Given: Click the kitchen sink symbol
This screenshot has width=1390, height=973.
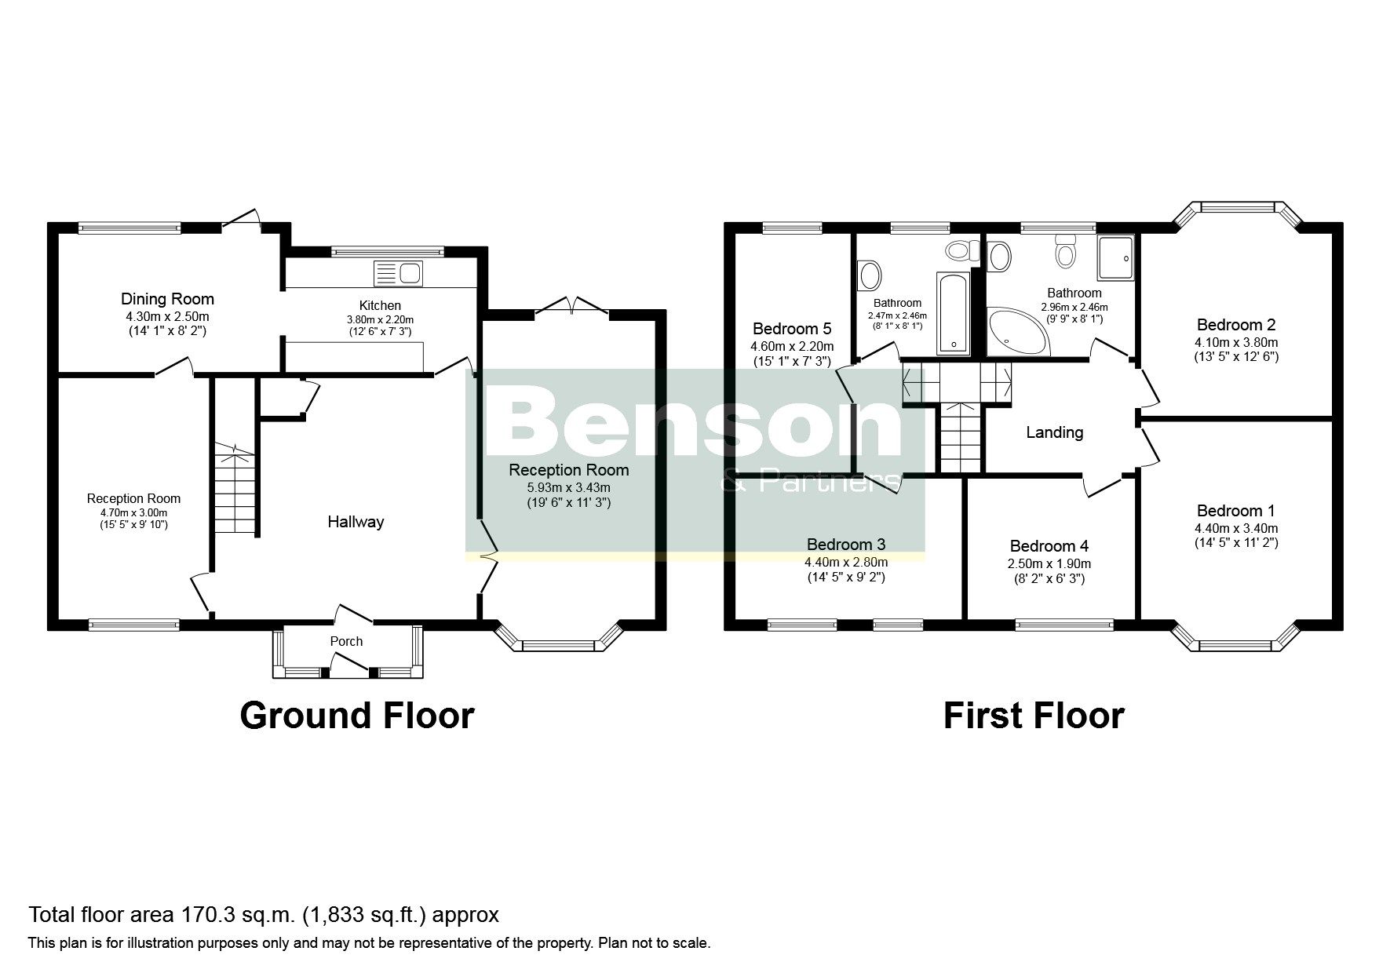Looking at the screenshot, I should point(399,273).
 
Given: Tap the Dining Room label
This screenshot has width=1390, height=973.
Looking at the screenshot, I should point(167,299).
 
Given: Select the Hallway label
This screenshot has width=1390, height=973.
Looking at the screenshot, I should point(356,522).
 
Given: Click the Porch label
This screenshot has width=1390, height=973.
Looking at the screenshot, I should point(346,641).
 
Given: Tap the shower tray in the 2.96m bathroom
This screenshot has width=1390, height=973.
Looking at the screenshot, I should point(1115,257).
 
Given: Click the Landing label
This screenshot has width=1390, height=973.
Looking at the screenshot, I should point(1054,432).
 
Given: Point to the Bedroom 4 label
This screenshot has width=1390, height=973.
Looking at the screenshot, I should point(1049,546).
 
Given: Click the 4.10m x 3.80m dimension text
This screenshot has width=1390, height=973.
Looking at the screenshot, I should point(1236,342).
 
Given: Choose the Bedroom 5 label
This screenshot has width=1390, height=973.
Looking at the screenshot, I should point(791,329).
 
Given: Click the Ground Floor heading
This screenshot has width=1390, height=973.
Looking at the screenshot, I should point(356,716).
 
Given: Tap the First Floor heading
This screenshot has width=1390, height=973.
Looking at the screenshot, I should point(1033,716).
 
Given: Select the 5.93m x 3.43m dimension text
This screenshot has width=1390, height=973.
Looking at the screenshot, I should point(568,487).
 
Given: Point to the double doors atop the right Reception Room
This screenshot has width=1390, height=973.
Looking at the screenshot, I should point(572,308).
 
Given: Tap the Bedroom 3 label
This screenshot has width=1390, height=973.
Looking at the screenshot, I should point(845,545).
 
